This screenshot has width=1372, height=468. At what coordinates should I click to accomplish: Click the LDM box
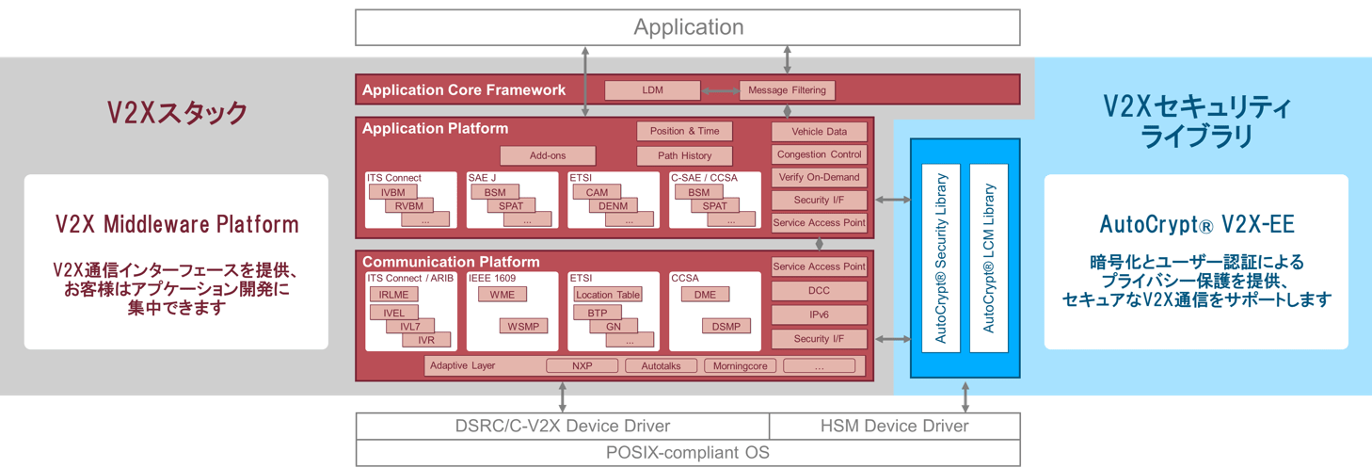(x=652, y=90)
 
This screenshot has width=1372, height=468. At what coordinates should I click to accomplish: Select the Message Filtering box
(x=787, y=90)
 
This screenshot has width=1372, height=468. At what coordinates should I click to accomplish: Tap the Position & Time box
(x=684, y=131)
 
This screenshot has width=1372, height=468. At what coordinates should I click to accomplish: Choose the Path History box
(x=684, y=155)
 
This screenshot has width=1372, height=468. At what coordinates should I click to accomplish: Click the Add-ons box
(x=548, y=155)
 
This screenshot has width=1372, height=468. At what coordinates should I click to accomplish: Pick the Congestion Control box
(x=819, y=154)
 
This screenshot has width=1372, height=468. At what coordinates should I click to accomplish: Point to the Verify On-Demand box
(x=819, y=177)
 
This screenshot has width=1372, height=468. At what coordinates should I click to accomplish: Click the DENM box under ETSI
(x=613, y=205)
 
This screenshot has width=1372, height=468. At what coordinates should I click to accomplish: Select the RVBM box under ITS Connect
(x=408, y=205)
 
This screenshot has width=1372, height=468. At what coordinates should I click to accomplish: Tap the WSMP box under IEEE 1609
(x=522, y=326)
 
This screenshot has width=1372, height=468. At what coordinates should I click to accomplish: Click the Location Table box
(x=607, y=295)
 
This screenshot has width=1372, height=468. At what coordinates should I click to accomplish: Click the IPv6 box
(x=819, y=315)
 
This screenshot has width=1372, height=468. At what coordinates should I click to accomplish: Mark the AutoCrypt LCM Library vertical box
(x=988, y=258)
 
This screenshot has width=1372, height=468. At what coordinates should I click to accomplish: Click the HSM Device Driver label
(x=894, y=426)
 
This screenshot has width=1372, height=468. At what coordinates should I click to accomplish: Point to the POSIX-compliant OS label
(x=687, y=453)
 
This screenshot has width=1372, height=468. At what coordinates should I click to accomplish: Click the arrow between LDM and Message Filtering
(x=720, y=90)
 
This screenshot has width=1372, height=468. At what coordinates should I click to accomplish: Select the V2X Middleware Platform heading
(x=177, y=225)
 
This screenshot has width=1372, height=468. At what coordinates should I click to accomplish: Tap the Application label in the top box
(x=688, y=27)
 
